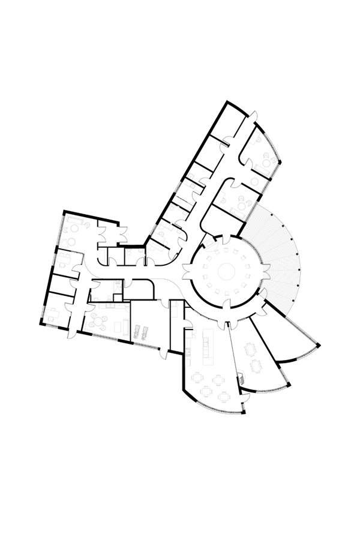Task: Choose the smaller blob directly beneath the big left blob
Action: coord(65,261)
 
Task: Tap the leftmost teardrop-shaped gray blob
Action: coord(55,312)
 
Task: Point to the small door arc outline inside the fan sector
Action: coord(264,292)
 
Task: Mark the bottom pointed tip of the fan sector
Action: coord(290,314)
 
